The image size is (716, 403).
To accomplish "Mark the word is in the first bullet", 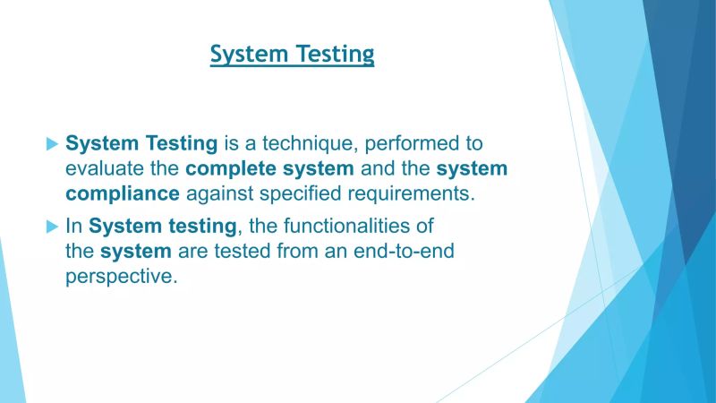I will click(x=231, y=142).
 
